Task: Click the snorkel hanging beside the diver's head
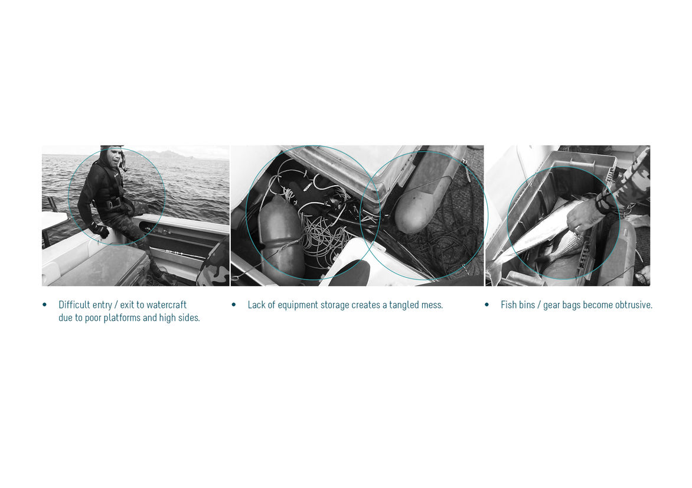click(124, 162)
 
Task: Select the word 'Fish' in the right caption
click(508, 305)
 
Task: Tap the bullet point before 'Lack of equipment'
click(233, 305)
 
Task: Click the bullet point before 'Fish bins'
click(487, 305)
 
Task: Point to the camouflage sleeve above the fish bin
click(626, 181)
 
